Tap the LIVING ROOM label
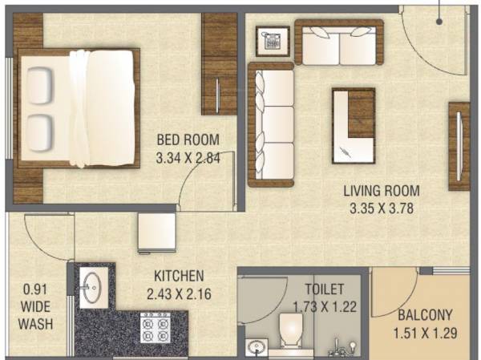pyautogui.click(x=382, y=192)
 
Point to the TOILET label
pyautogui.click(x=325, y=289)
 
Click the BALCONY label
pyautogui.click(x=425, y=315)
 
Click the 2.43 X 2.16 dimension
pyautogui.click(x=180, y=294)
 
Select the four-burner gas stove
pyautogui.click(x=154, y=330)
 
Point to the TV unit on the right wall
pyautogui.click(x=458, y=145)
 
